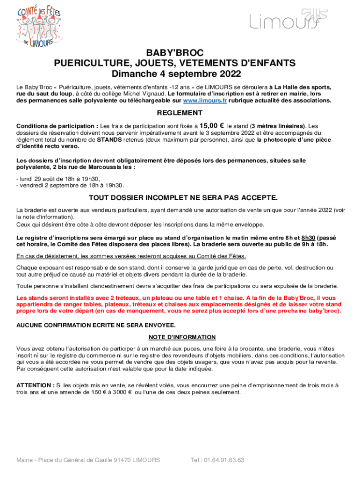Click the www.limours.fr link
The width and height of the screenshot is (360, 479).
click(205, 101)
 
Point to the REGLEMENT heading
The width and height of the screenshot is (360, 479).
click(180, 113)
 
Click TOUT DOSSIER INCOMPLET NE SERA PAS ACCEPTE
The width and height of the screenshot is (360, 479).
click(180, 197)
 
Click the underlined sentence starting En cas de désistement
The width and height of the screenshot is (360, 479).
click(131, 256)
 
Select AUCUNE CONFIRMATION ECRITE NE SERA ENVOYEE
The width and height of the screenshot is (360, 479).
click(96, 325)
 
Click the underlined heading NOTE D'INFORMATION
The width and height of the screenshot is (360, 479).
click(182, 337)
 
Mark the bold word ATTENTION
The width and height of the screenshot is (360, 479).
click(34, 385)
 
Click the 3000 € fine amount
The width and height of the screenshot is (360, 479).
click(120, 392)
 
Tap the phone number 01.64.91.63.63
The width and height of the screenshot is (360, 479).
click(223, 460)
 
